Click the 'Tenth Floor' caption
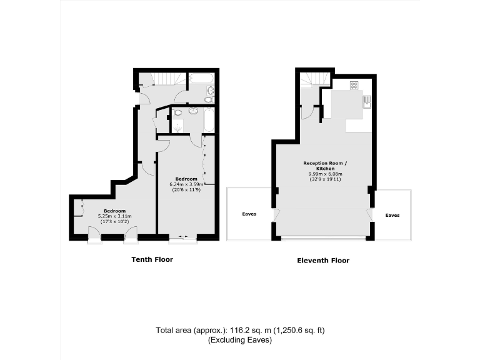point(152,259)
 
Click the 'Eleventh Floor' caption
point(323,260)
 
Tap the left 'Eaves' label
point(249,214)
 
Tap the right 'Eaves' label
point(392,215)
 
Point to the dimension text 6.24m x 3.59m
point(187,184)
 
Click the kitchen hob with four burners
point(354,86)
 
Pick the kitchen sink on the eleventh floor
point(367,102)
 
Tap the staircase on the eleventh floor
point(314,80)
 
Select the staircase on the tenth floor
point(167,79)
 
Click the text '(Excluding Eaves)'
point(240,341)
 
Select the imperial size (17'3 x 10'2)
point(112,221)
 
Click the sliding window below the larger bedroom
point(182,237)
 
